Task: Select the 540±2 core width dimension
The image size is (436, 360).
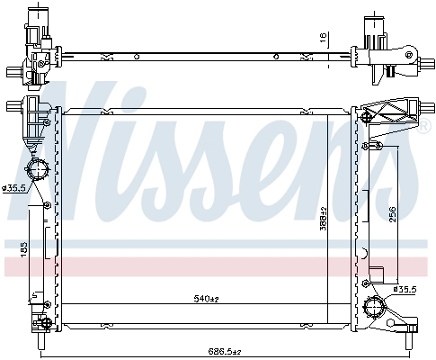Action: point(207,299)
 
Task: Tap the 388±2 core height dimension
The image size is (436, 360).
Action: point(323,219)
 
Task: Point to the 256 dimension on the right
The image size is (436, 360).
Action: point(392,214)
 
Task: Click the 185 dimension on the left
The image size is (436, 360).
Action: point(24,249)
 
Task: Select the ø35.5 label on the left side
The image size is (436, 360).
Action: point(13,189)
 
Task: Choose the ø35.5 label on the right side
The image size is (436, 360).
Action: point(405,290)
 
